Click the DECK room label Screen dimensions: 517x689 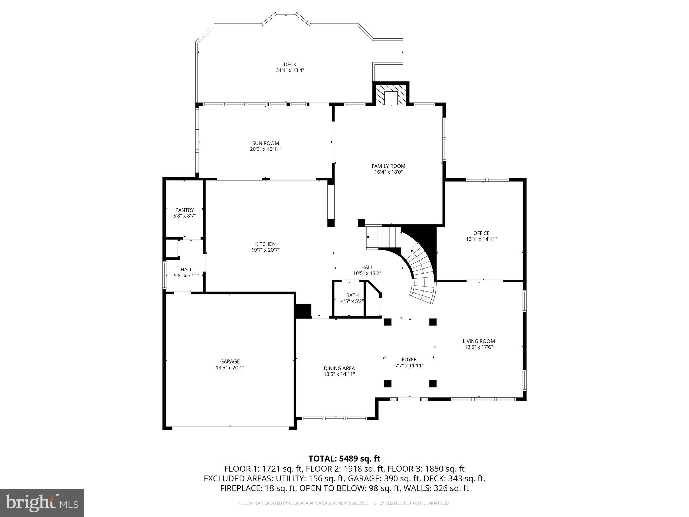[290, 64]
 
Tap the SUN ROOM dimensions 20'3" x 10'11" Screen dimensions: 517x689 [265, 149]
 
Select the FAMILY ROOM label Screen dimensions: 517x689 [388, 166]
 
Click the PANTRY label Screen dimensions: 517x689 [184, 210]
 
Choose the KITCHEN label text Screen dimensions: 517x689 [265, 244]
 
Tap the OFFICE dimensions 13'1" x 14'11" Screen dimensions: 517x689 [481, 239]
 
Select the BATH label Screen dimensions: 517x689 [352, 295]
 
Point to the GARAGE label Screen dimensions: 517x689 [230, 361]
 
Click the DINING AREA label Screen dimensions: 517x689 [339, 368]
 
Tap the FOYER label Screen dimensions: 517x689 [409, 359]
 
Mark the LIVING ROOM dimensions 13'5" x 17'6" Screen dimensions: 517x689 [478, 347]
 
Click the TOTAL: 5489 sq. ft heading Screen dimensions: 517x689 [344, 458]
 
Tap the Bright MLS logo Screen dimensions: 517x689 [42, 503]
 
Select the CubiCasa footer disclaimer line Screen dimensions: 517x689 [344, 503]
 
